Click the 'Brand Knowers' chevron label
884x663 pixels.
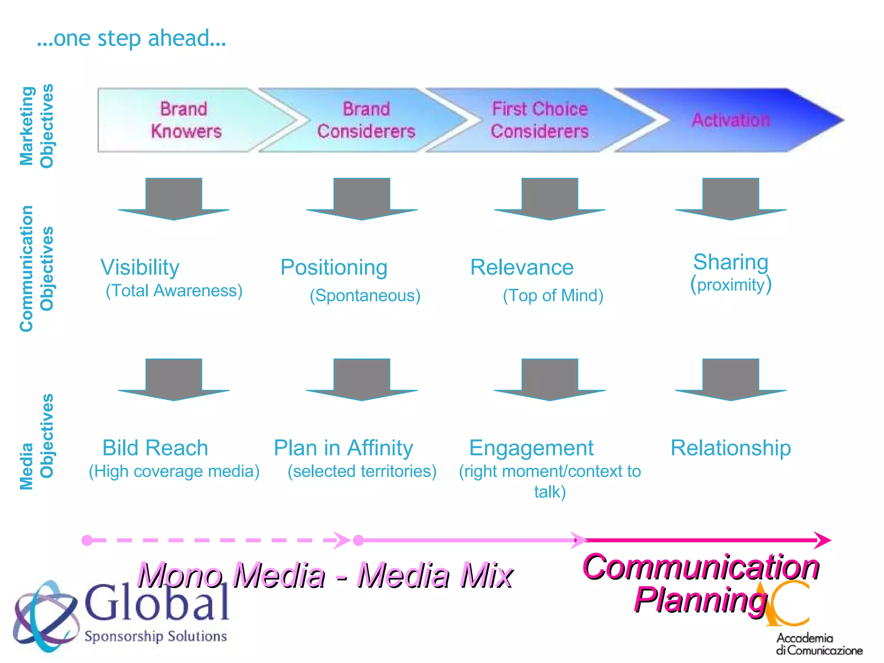[x=186, y=120]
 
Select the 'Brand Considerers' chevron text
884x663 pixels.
[x=366, y=120]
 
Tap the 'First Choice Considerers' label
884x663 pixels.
[x=540, y=120]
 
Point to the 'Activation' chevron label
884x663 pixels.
[x=731, y=120]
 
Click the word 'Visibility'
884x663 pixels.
[x=140, y=268]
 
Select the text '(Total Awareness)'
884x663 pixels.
[x=174, y=291]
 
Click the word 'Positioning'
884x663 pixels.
[x=334, y=268]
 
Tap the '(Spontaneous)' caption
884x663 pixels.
[x=365, y=296]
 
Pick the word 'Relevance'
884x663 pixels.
[x=522, y=268]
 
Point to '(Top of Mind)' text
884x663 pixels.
[x=553, y=296]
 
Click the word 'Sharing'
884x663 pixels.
[x=731, y=262]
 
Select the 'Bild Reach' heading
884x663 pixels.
[x=155, y=448]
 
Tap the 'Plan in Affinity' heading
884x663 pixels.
[x=343, y=448]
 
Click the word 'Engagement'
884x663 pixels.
[x=531, y=448]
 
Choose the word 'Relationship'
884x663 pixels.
[x=731, y=448]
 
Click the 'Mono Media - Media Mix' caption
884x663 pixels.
[x=325, y=575]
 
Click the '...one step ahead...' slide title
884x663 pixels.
[x=132, y=38]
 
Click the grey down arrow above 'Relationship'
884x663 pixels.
[x=731, y=380]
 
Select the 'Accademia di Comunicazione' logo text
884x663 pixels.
[x=819, y=644]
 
